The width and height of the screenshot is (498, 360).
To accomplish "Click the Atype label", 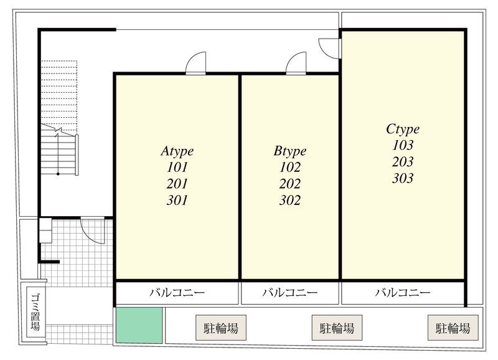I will pos(177,151).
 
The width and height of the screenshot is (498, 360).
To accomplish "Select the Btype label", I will pos(290,151).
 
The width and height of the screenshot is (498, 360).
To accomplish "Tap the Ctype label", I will pos(403,129).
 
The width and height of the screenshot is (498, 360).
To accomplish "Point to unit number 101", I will pos(177,167).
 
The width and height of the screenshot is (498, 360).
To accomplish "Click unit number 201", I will pos(177,184).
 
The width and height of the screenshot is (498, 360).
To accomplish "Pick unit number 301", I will pos(177,201).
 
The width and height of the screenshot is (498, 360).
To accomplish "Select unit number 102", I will pos(290,167).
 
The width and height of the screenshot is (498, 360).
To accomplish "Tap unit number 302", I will pos(290,201).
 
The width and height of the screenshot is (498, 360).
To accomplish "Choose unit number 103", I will pos(403,145).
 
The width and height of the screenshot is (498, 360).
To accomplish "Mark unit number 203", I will pos(403,162).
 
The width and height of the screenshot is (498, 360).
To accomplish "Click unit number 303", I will pos(403,178).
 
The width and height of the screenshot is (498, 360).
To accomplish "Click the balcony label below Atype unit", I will pos(177,292).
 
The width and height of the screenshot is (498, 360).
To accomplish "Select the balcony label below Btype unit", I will pos(290,292).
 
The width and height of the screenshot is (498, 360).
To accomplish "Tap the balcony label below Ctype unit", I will pos(403,292).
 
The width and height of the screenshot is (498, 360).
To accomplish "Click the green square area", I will pos(139,325).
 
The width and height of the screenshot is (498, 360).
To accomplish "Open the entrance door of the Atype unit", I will pos(195,64).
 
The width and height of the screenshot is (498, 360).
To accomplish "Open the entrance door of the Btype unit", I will pos(296,64).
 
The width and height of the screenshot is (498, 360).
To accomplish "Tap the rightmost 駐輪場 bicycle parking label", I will pos(453,328).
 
